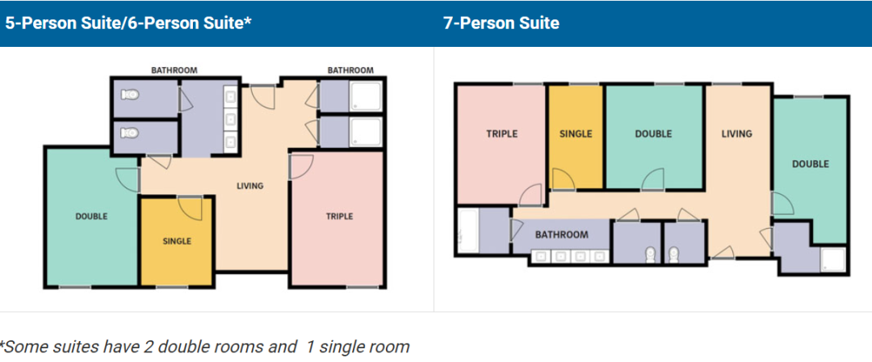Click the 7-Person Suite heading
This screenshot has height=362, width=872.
coord(501,23)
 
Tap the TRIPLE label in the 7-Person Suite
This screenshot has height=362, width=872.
coord(501,133)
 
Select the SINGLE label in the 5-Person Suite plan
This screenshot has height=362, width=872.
coord(177,241)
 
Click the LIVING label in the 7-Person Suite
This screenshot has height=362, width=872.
coord(737,133)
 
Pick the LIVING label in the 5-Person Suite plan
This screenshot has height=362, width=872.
coord(249,186)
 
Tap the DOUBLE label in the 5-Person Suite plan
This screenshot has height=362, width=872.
coord(91,216)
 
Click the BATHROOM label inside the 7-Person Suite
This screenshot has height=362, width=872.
coord(562,234)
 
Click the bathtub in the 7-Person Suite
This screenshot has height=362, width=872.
coord(467,231)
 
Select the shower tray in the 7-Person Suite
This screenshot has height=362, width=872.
coord(832,259)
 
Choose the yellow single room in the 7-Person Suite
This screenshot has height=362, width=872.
coord(576,137)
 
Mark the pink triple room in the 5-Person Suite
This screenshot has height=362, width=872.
coord(337,219)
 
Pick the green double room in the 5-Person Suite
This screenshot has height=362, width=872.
coord(91,217)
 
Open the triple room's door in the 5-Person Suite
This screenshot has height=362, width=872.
coord(301,166)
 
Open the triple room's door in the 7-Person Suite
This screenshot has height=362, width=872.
coord(530,196)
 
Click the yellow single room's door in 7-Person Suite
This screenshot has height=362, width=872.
coord(563,179)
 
